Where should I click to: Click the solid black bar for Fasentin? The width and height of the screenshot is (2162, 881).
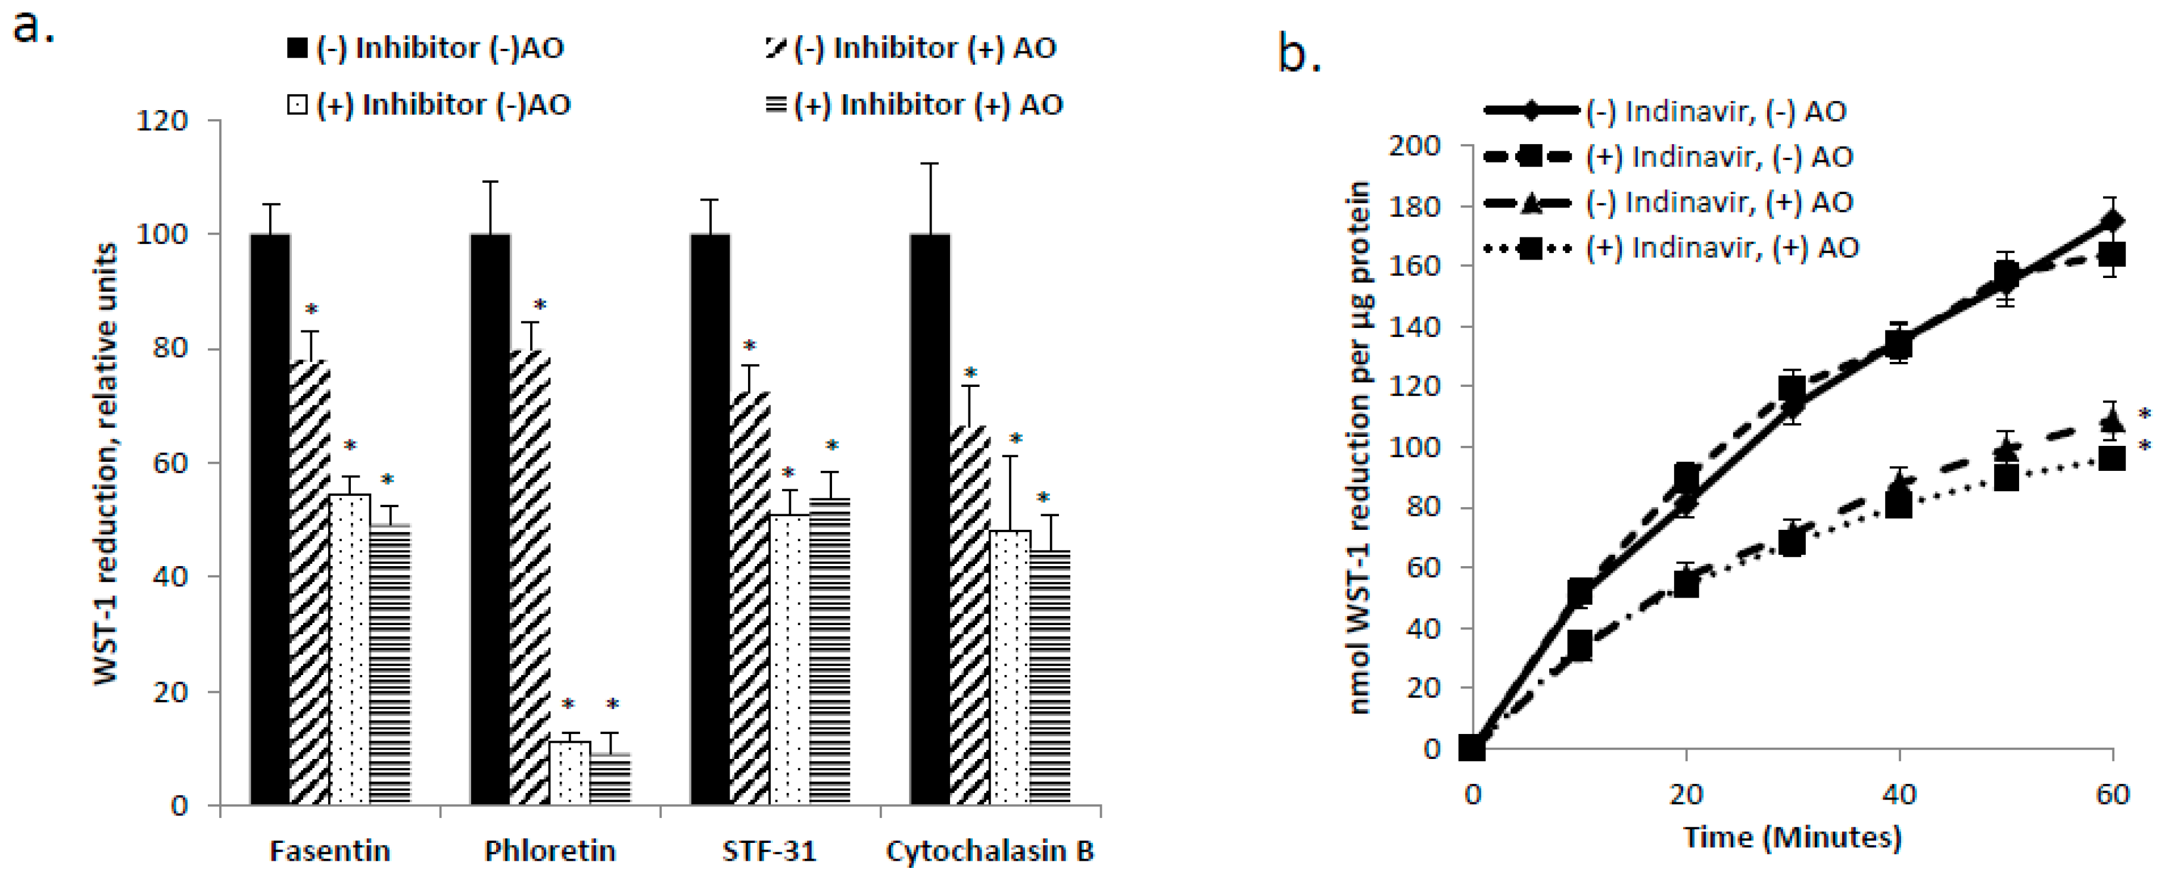coord(270,520)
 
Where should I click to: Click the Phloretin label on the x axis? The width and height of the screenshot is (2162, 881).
coord(550,851)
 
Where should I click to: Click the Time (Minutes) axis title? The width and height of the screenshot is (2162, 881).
coord(1792,838)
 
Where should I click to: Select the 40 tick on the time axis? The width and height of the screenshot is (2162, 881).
coord(1899,793)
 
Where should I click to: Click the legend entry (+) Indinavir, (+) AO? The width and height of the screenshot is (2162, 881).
coord(1721,248)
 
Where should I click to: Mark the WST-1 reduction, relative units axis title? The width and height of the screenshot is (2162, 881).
coord(107,463)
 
